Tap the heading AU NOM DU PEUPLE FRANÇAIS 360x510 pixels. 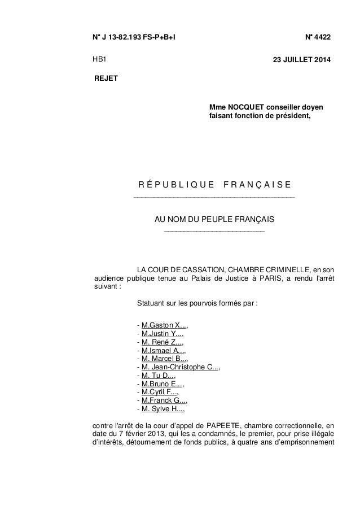[x=214, y=219]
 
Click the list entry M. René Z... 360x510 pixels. [x=162, y=341]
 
